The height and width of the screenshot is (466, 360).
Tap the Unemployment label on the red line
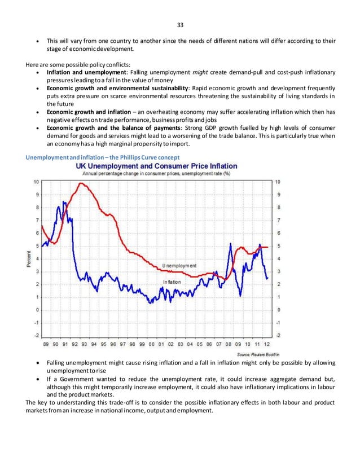179,266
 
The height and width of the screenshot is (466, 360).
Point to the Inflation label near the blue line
172,282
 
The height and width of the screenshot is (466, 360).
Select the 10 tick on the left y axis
37,182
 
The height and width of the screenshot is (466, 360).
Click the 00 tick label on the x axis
151,344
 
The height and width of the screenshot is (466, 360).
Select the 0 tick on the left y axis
37,310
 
